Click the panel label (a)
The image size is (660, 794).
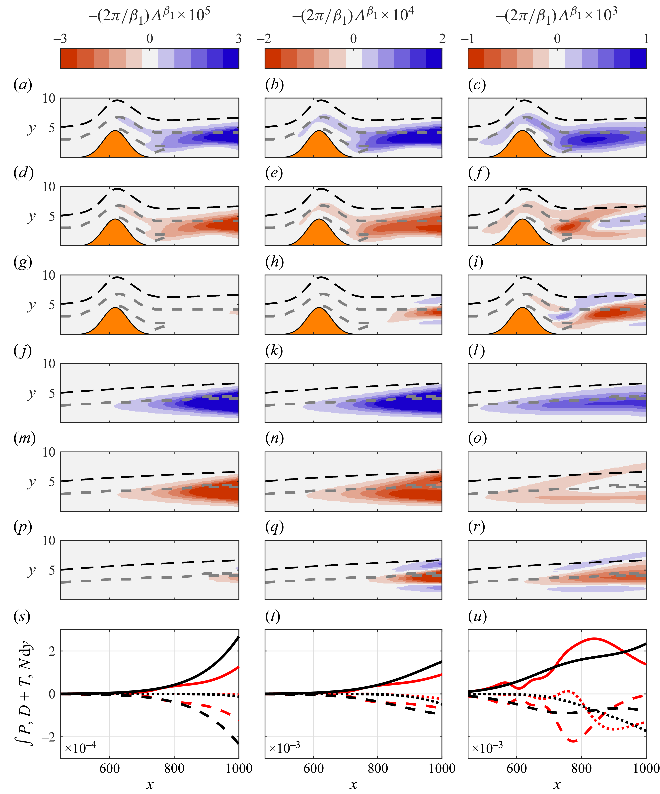point(23,85)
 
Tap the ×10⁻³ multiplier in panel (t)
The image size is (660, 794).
point(284,748)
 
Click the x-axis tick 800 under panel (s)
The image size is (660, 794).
point(174,768)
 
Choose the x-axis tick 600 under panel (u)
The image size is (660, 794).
point(516,768)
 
